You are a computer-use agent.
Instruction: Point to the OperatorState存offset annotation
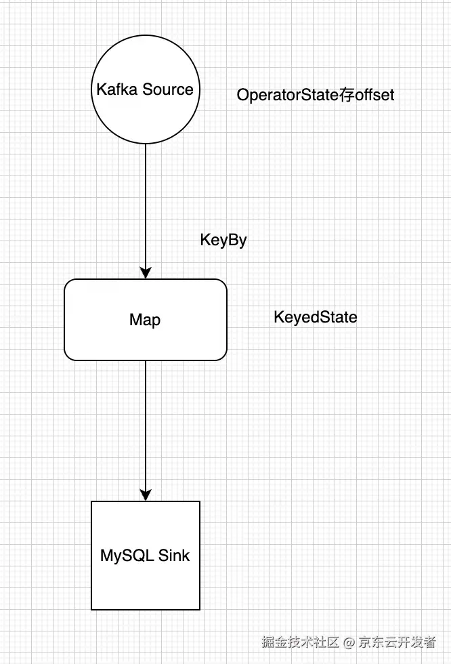coord(315,95)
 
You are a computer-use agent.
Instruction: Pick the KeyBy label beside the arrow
coord(223,240)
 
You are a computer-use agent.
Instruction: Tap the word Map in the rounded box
coord(145,320)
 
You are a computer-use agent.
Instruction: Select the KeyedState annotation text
coord(315,316)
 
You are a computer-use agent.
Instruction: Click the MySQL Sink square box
coord(146,583)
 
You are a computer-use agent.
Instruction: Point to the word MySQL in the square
coord(127,556)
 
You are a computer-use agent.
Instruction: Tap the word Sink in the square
coord(174,556)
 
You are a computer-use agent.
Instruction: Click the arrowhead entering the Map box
coord(145,272)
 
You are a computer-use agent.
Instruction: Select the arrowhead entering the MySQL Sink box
coord(145,495)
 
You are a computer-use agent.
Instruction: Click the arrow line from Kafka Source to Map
coord(145,203)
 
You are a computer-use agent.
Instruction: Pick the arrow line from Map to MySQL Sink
coord(145,427)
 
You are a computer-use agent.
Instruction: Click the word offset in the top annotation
coord(374,95)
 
